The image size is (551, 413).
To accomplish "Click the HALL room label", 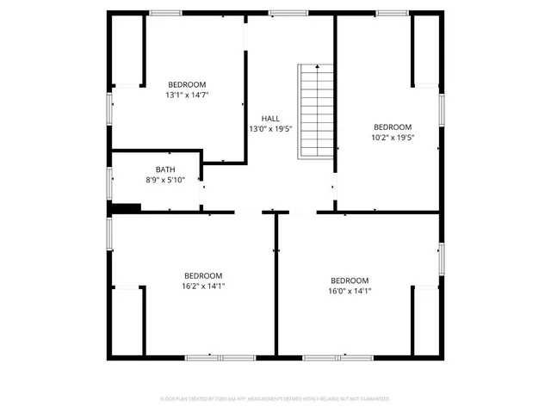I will (270, 118).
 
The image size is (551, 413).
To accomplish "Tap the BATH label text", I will (165, 170).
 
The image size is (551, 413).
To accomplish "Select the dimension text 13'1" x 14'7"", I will (187, 95).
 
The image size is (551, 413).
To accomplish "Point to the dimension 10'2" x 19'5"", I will (393, 137).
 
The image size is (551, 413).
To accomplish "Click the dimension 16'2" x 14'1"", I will (203, 286).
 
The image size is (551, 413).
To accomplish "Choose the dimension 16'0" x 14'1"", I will (350, 291).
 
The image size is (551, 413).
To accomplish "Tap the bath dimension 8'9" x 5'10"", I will (165, 180).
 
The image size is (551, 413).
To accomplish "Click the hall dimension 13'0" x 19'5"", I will (270, 128).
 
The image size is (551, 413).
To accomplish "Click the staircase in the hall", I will (315, 111).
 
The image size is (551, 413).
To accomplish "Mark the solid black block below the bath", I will (127, 206).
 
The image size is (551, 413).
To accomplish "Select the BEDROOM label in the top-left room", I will (187, 84).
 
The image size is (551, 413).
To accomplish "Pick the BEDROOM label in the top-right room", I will (393, 126).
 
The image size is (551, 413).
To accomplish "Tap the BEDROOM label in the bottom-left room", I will (203, 275).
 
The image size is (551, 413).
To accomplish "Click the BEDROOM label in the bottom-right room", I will (350, 280).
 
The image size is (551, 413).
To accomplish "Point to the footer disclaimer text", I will (275, 398).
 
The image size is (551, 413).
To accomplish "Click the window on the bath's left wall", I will (109, 182).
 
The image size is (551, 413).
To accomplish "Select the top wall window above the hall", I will (282, 13).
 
